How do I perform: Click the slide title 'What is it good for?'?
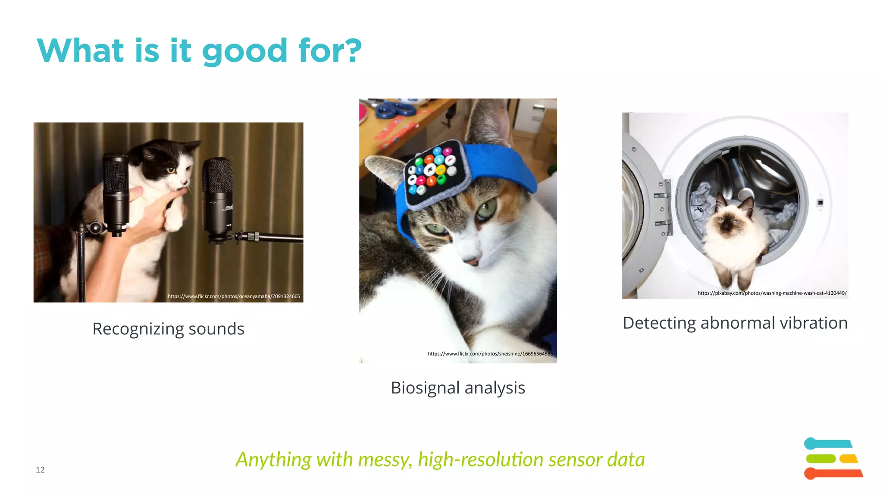tap(199, 51)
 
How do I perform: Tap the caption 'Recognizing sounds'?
tap(168, 329)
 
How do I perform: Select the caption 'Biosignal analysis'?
tap(457, 388)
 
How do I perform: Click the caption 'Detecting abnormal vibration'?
tap(735, 323)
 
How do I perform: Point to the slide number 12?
tap(40, 470)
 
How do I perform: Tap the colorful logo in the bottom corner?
tap(833, 459)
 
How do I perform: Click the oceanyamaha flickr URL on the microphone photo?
tap(234, 296)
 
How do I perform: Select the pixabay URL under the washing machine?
tap(772, 293)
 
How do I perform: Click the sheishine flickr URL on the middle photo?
tap(490, 354)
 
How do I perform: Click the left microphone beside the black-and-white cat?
tap(116, 194)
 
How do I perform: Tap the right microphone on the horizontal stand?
tap(218, 198)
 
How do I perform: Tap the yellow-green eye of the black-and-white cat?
tap(171, 170)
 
